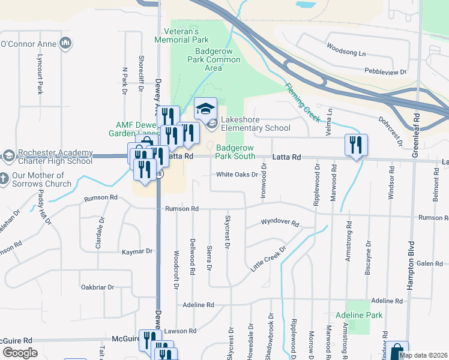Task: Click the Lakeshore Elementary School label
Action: [255, 124]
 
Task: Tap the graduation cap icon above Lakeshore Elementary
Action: [205, 109]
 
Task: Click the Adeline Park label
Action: [359, 315]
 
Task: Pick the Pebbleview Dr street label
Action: [385, 71]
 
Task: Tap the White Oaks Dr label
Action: [237, 175]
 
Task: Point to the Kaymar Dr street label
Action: [137, 252]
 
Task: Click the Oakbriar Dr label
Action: [97, 287]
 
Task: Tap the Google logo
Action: [20, 353]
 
